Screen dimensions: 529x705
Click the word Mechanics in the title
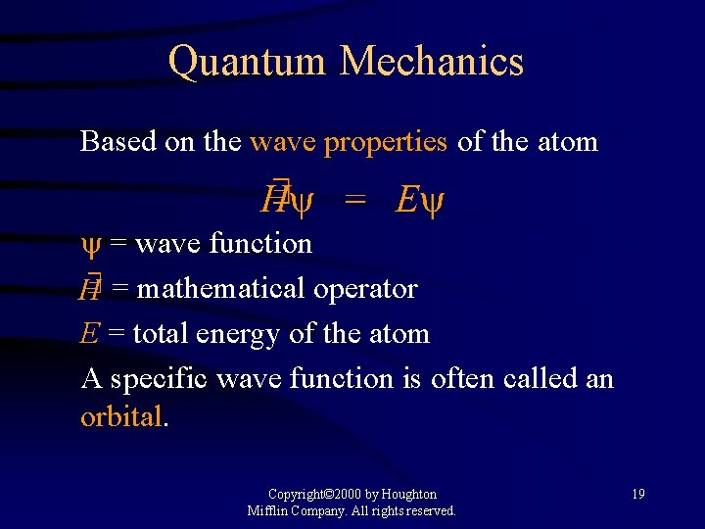pyautogui.click(x=432, y=62)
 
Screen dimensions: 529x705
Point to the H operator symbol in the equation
pyautogui.click(x=274, y=200)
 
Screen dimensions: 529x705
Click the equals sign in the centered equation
pyautogui.click(x=354, y=202)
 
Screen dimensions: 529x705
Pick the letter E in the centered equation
pyautogui.click(x=406, y=201)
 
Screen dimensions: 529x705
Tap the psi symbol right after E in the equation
pyautogui.click(x=434, y=203)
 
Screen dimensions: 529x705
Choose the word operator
pyautogui.click(x=366, y=290)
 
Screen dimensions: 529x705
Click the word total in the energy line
pyautogui.click(x=161, y=333)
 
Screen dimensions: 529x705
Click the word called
pyautogui.click(x=528, y=377)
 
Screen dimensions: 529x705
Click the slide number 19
pyautogui.click(x=637, y=494)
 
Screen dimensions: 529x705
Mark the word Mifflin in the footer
pyautogui.click(x=269, y=510)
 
